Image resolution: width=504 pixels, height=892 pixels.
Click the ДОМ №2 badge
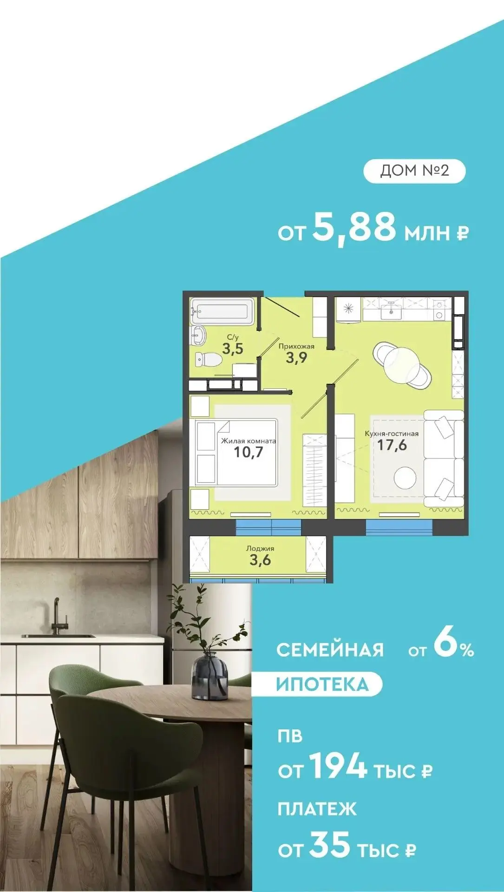coord(414,171)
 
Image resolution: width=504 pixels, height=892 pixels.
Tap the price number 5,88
coord(354,227)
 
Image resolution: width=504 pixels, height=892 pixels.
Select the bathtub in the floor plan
coord(222,311)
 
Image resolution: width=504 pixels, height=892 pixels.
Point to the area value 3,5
coord(233,348)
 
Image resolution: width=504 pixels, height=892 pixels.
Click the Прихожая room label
coord(296,346)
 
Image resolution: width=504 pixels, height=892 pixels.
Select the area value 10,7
coord(249,452)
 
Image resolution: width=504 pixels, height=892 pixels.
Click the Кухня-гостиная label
coord(392,433)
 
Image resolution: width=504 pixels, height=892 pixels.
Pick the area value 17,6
coord(392,445)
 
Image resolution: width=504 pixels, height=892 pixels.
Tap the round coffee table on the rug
coord(406,477)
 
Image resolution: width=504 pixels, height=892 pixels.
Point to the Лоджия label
coord(260,548)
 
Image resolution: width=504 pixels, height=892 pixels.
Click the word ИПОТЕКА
coord(322,684)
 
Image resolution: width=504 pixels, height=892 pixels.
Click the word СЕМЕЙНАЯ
coord(330,649)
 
